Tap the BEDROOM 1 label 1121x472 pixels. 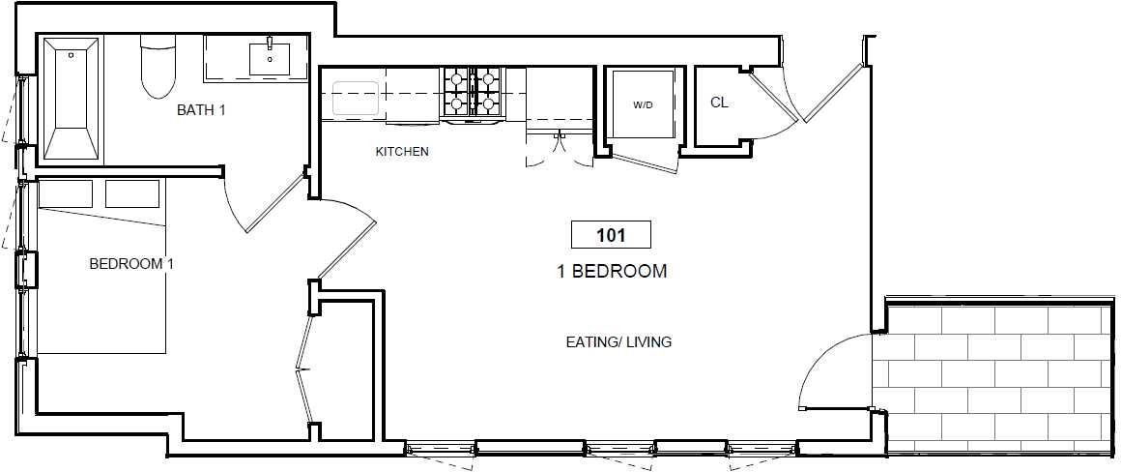(x=131, y=264)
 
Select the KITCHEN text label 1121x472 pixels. (x=402, y=152)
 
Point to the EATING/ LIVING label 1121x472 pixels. (x=618, y=341)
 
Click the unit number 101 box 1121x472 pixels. (x=611, y=235)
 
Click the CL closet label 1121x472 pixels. (x=719, y=103)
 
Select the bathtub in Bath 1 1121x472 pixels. (x=72, y=98)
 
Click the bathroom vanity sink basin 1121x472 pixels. (x=270, y=59)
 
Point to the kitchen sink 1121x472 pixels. (x=356, y=99)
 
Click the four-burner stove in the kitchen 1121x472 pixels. (x=472, y=92)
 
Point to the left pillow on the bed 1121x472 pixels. (x=65, y=193)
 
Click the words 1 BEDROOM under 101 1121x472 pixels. (x=612, y=272)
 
